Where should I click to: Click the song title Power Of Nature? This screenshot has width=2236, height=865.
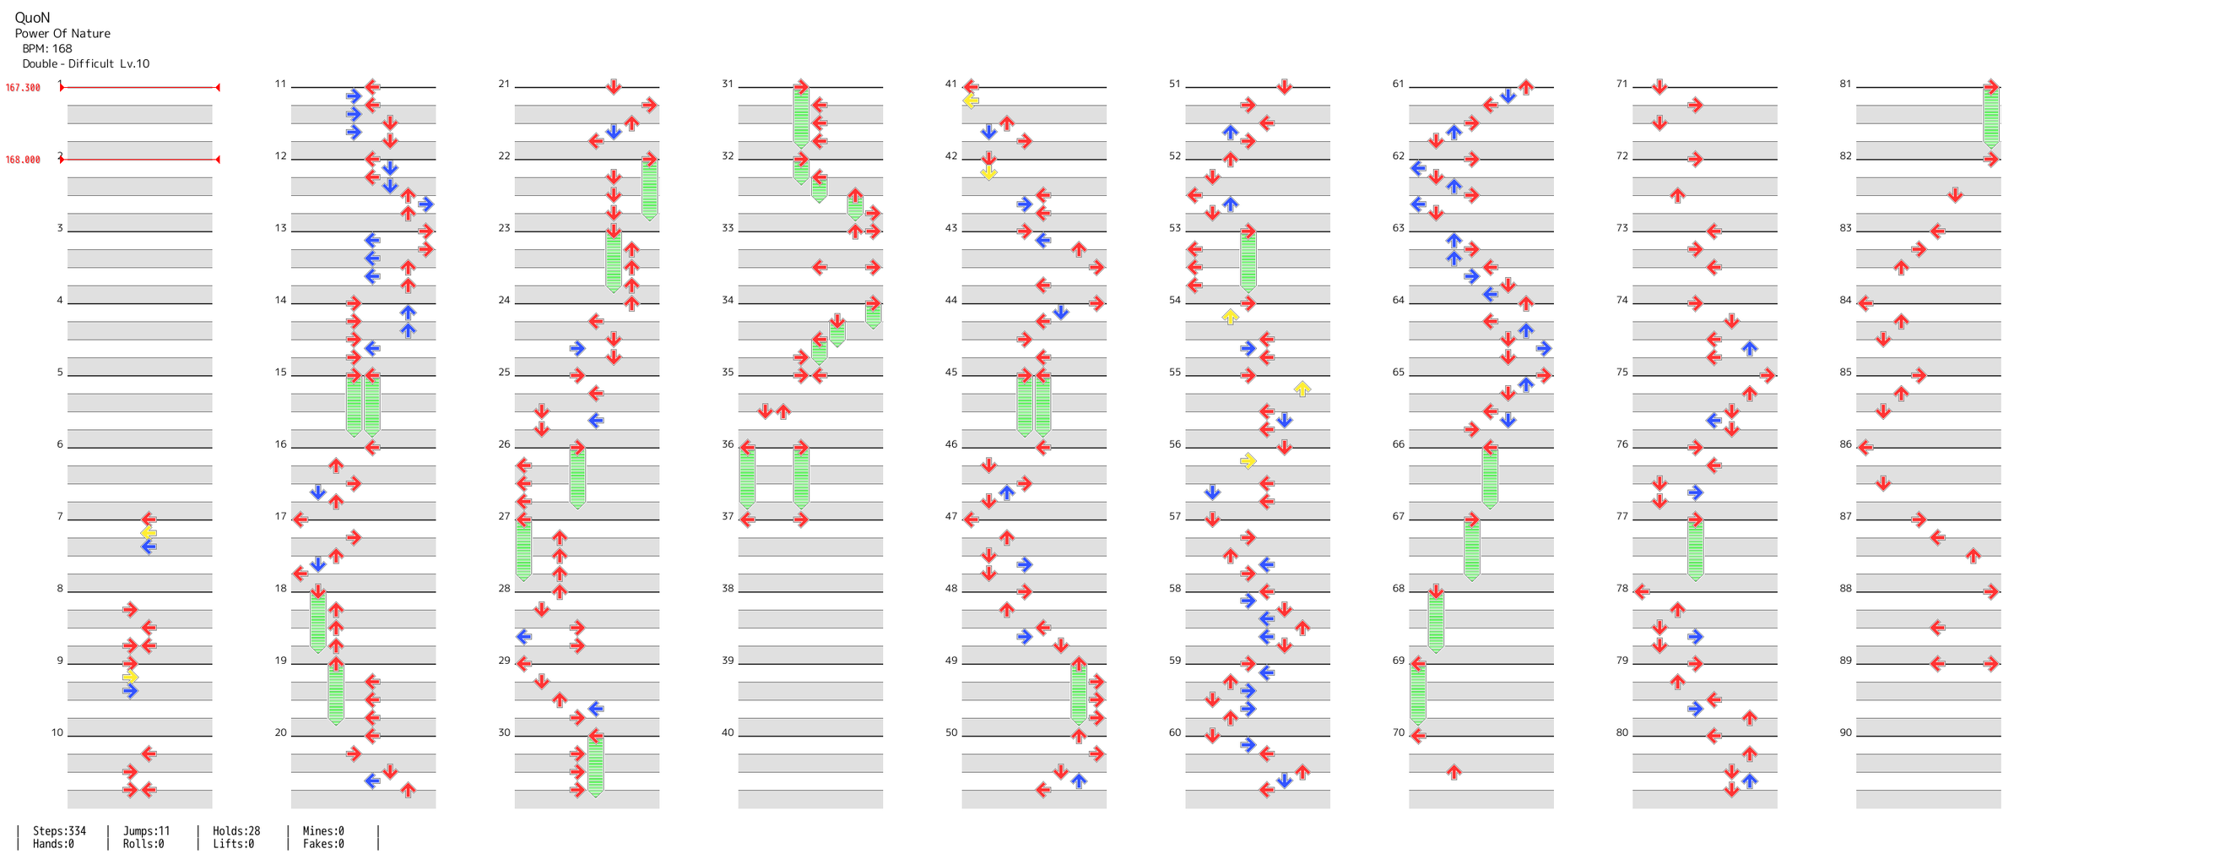point(62,34)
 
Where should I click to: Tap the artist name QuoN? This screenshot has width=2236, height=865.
point(32,18)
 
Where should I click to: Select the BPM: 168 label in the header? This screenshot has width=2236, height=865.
point(47,49)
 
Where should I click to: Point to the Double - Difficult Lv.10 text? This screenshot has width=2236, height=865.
point(86,63)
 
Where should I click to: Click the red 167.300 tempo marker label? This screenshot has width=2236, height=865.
point(23,88)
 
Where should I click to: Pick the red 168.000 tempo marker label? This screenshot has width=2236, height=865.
point(23,160)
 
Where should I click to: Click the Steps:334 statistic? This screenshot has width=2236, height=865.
point(59,831)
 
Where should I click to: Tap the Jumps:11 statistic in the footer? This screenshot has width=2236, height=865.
point(146,831)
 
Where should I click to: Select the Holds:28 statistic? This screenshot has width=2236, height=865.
point(236,831)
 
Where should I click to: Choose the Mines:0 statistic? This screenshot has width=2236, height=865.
point(323,831)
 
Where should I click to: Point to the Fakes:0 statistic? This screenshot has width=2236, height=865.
point(323,844)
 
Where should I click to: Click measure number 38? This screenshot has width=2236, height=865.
point(728,588)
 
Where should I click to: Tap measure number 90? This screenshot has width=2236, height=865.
point(1845,732)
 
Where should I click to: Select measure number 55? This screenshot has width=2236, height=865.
point(1174,372)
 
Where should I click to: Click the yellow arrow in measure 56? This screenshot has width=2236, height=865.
point(1248,461)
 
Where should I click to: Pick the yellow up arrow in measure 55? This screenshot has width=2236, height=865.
point(1302,389)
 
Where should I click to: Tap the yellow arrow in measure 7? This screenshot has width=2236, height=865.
point(149,532)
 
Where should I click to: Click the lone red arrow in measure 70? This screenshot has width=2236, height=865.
point(1454,772)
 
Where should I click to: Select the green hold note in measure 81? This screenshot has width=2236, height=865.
point(1991,117)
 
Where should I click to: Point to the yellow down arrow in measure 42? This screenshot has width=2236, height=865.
point(988,173)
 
